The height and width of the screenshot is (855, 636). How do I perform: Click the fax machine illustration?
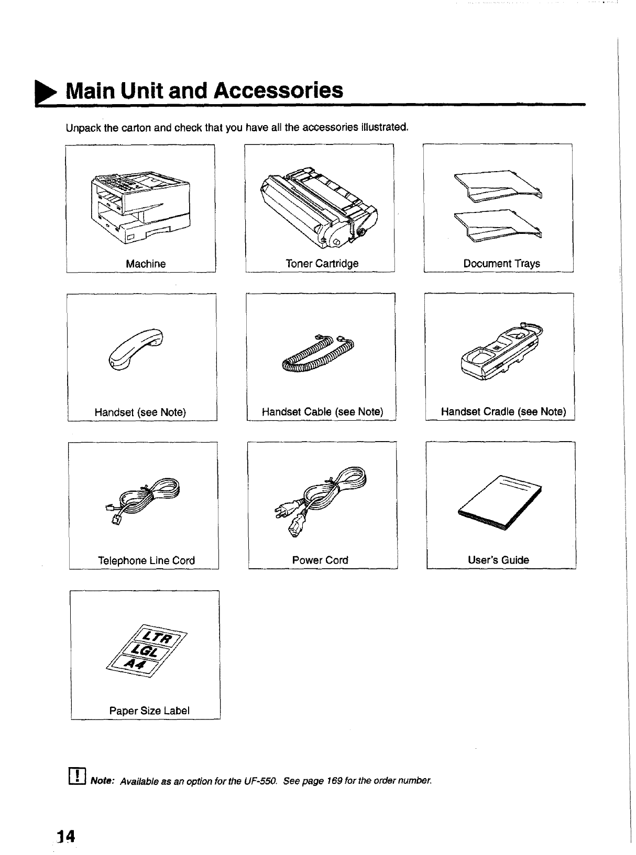pos(140,206)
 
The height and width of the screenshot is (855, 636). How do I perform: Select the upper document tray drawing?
pos(498,186)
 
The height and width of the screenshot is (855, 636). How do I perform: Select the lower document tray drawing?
pos(498,225)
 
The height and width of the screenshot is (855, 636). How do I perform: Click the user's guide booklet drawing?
pos(500,502)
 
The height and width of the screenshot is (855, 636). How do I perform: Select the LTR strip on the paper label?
pos(158,636)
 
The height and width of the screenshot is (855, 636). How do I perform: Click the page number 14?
pos(68,836)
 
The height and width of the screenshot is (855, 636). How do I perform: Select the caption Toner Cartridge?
pos(322,263)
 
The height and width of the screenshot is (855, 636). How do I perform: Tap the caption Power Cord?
pos(320,560)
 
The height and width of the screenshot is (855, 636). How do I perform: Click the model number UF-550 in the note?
pos(262,781)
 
